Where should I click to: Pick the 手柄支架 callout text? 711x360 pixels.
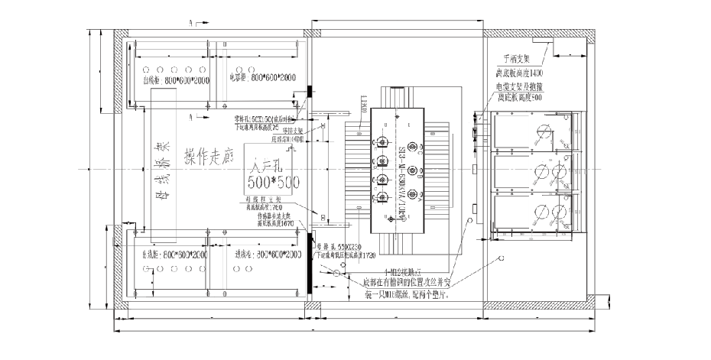coord(516,58)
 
